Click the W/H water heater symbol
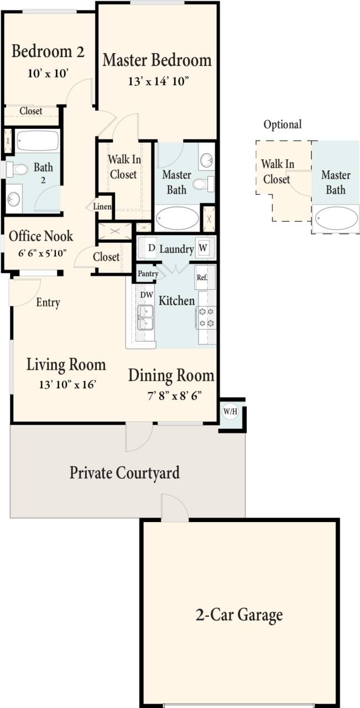(x=229, y=412)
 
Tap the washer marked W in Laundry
(x=203, y=248)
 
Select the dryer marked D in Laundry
(x=151, y=248)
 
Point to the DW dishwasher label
(x=146, y=295)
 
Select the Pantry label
(x=148, y=273)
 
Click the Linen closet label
(x=102, y=207)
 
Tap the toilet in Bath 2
(x=16, y=170)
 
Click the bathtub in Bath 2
(x=37, y=141)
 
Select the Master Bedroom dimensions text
(x=159, y=81)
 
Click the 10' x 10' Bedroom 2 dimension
(x=48, y=72)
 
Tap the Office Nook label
(x=41, y=236)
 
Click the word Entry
(x=48, y=303)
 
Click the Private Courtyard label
(x=124, y=473)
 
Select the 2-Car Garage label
(x=239, y=615)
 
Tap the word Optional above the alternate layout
(x=282, y=124)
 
